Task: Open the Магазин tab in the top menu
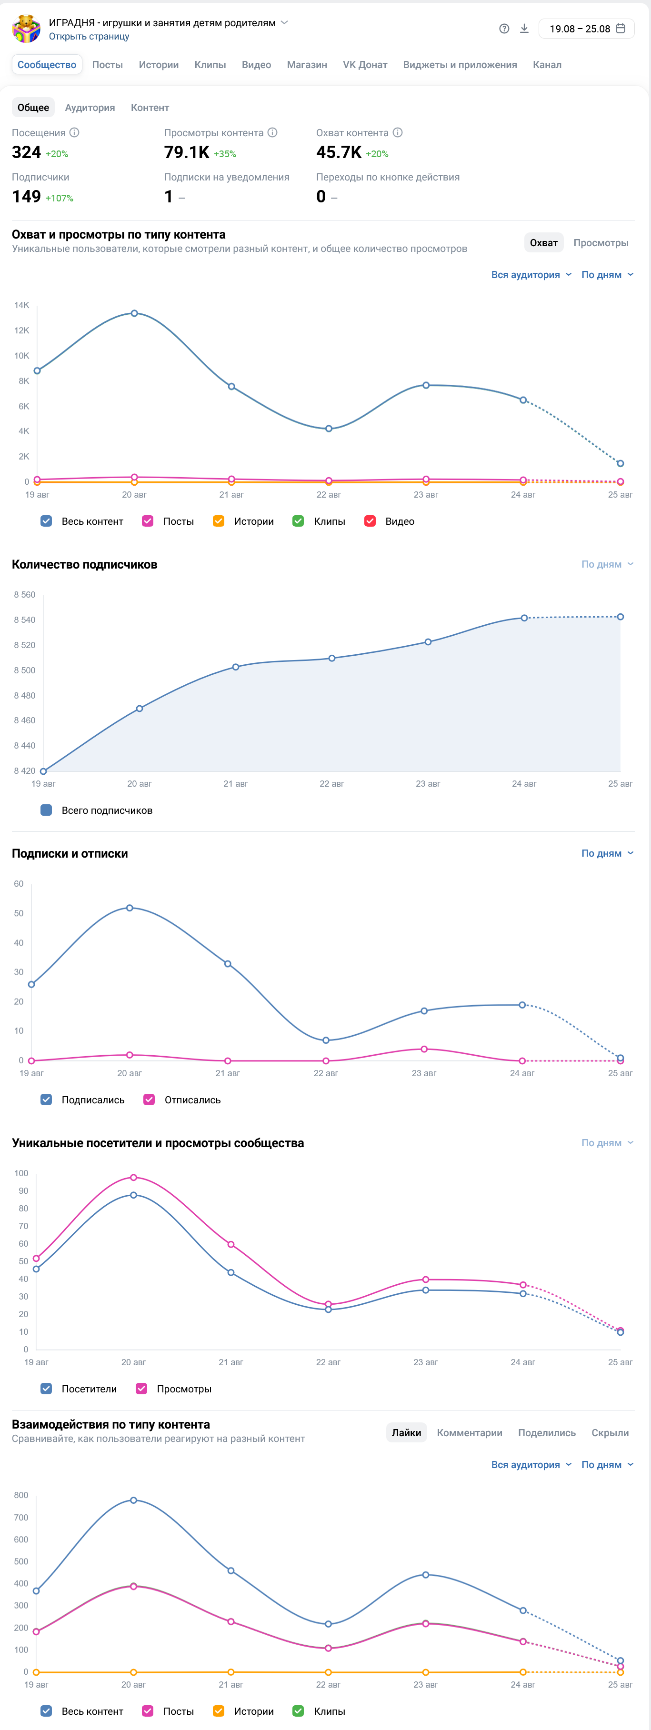pos(307,64)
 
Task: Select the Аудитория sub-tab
pos(90,108)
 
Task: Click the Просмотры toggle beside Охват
pos(601,242)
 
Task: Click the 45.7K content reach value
pos(339,152)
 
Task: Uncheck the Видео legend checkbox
pos(370,521)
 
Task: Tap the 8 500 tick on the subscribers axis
pos(25,670)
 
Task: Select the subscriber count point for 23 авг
pos(428,642)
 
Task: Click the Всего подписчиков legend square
pos(46,810)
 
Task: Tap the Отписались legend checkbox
pos(149,1100)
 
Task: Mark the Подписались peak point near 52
pos(130,908)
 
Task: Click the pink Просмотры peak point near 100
pos(134,1177)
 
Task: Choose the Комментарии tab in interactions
pos(470,1432)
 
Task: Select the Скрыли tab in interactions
pos(610,1432)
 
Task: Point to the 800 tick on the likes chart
pos(21,1495)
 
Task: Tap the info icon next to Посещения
pos(75,132)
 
